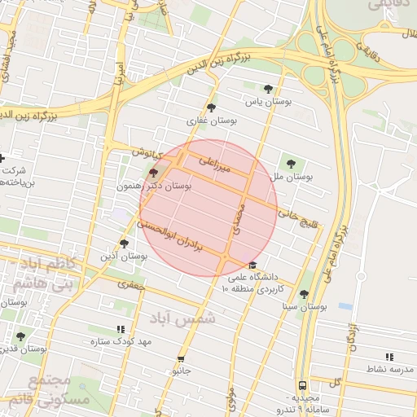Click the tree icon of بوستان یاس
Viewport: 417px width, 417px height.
[x=269, y=90]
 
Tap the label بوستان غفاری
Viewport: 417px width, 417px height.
[x=212, y=120]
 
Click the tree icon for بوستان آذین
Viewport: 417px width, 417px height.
[x=124, y=244]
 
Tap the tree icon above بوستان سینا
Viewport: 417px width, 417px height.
[x=304, y=295]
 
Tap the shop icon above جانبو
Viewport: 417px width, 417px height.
[x=181, y=359]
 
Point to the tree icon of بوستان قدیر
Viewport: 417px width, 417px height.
[x=20, y=336]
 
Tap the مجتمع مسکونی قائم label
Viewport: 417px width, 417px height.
[x=37, y=390]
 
